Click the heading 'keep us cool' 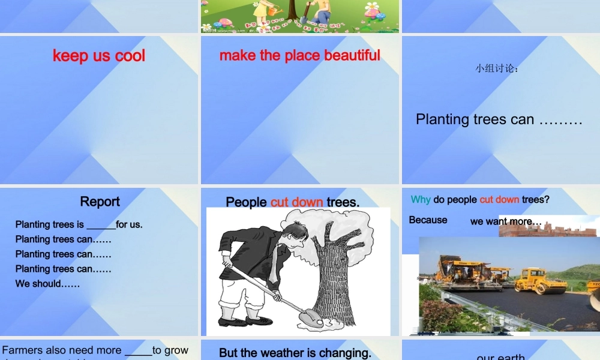pos(99,56)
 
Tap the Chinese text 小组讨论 pos(497,68)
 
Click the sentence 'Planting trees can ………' pos(499,119)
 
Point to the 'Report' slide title pos(100,202)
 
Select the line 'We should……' pos(47,283)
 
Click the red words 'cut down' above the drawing pos(296,202)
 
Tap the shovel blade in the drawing pos(312,317)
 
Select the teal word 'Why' pos(421,199)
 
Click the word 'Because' pos(428,220)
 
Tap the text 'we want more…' pos(506,221)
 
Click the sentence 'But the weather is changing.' pos(295,353)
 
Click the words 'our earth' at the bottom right pos(500,356)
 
